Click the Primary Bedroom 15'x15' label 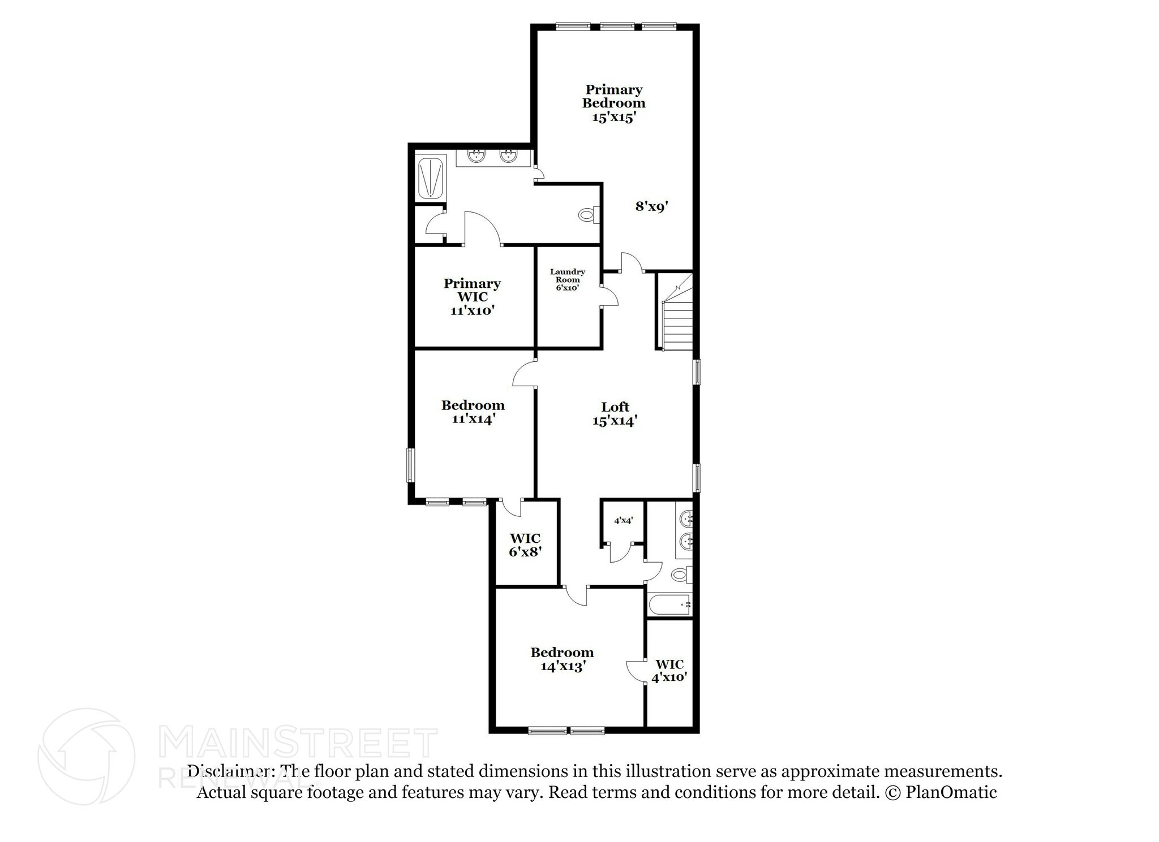coord(613,103)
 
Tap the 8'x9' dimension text coord(652,207)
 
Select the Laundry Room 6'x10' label coord(567,279)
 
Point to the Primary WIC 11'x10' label coord(472,296)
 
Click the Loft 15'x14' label coord(615,414)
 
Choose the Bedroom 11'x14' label coord(473,412)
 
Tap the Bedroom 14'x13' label coord(561,659)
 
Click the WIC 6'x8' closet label coord(525,545)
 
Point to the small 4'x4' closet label coord(623,520)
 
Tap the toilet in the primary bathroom coord(587,215)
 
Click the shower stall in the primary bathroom coord(431,178)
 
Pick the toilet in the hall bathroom coord(680,575)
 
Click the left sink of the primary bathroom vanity coord(477,157)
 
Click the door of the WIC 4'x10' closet coord(635,671)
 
